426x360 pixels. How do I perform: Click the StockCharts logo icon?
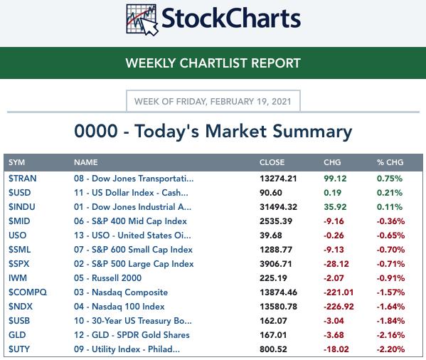[x=142, y=20]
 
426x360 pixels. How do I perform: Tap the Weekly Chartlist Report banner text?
[x=213, y=63]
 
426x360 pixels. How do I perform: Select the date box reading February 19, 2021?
[x=213, y=101]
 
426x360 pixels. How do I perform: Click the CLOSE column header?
[x=272, y=162]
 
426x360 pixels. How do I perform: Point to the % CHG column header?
[x=390, y=162]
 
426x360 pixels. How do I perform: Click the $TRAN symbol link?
[x=23, y=179]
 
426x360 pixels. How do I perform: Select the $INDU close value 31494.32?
[x=278, y=207]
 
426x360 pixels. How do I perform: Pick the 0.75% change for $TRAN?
[x=390, y=179]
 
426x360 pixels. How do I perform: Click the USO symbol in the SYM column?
[x=17, y=235]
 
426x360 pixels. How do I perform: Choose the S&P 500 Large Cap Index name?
[x=134, y=264]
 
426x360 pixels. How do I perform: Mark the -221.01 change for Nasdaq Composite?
[x=339, y=292]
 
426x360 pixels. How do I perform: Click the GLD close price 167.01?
[x=273, y=335]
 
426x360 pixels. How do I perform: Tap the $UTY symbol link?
[x=19, y=349]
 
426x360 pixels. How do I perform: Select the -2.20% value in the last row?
[x=390, y=349]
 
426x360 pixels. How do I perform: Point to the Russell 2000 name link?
[x=107, y=278]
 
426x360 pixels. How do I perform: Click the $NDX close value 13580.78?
[x=278, y=307]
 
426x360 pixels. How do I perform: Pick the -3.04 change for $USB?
[x=334, y=321]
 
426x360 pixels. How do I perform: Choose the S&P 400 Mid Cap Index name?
[x=130, y=221]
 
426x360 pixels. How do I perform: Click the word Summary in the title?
[x=312, y=132]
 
